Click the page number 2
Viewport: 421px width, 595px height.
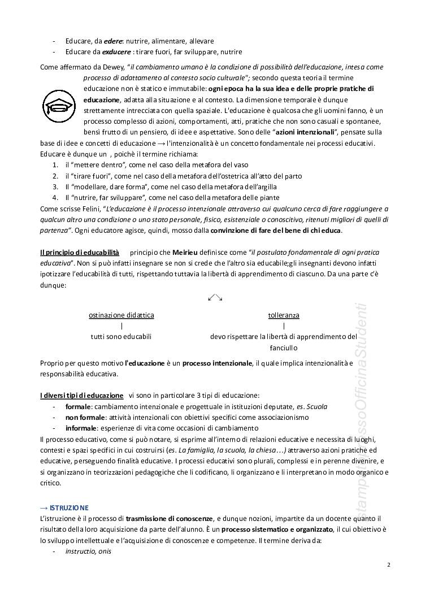click(389, 564)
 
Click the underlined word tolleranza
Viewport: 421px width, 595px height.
click(284, 315)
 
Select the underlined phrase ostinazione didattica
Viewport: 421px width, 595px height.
click(121, 315)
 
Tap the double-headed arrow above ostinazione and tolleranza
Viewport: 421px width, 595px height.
click(215, 298)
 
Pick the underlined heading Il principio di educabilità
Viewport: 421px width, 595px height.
click(80, 251)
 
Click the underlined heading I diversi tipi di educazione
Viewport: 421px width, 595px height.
click(81, 396)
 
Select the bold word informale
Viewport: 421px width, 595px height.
click(81, 428)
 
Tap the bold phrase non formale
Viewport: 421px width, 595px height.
click(85, 417)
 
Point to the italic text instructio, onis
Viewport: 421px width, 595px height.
click(88, 551)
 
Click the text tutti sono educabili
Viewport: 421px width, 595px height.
click(121, 336)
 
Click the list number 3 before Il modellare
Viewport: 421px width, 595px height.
click(56, 187)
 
